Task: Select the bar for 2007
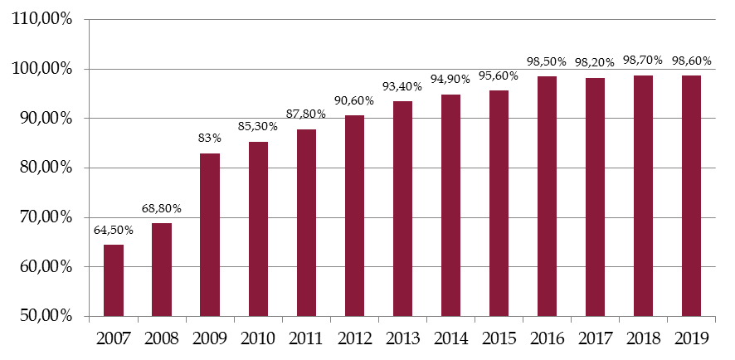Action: click(114, 280)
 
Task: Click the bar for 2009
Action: click(210, 235)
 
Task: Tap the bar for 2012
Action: click(354, 216)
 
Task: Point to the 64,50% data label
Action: click(114, 230)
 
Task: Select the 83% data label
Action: click(209, 139)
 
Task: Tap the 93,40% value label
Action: click(402, 87)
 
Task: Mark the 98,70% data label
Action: click(643, 61)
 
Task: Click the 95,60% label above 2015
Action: click(499, 76)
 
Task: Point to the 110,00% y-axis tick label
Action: click(45, 19)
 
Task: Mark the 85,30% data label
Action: click(258, 128)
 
